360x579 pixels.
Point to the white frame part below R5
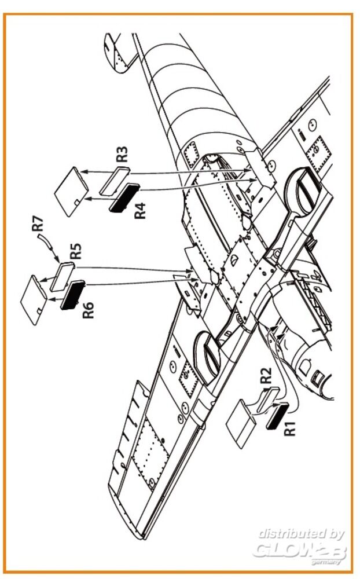point(63,274)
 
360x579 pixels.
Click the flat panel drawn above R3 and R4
point(72,190)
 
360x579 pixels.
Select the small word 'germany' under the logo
point(330,561)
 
